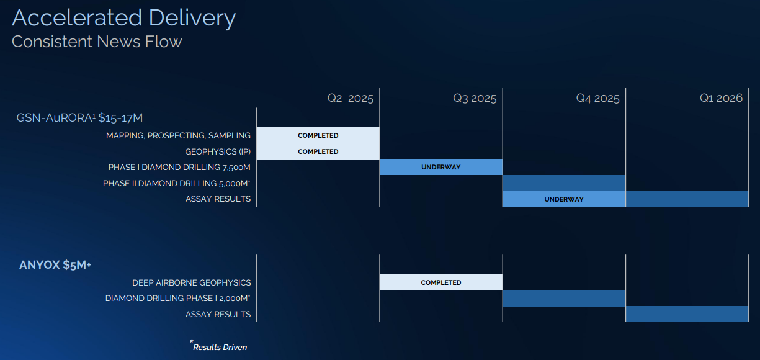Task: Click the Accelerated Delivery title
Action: click(123, 18)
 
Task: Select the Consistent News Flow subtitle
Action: click(97, 42)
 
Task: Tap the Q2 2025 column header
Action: click(351, 98)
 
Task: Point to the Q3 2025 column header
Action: click(475, 98)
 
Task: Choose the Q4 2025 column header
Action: click(597, 98)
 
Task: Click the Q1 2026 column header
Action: click(721, 98)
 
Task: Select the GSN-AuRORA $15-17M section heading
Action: click(80, 118)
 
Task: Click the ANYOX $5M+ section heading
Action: click(55, 265)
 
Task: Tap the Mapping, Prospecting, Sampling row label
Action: click(178, 135)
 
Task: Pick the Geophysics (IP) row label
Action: click(218, 151)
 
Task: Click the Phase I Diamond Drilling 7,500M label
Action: click(179, 167)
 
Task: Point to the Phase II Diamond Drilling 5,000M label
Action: click(177, 183)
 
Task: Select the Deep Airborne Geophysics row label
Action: click(191, 282)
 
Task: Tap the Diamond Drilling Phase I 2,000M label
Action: click(177, 299)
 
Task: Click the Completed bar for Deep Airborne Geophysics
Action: click(441, 282)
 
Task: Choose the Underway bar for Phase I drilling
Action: click(441, 167)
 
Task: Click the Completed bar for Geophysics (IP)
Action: click(318, 151)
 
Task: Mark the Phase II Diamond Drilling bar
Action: click(564, 183)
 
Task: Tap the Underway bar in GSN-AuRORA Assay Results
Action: click(564, 199)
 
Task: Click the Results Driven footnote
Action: click(219, 346)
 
